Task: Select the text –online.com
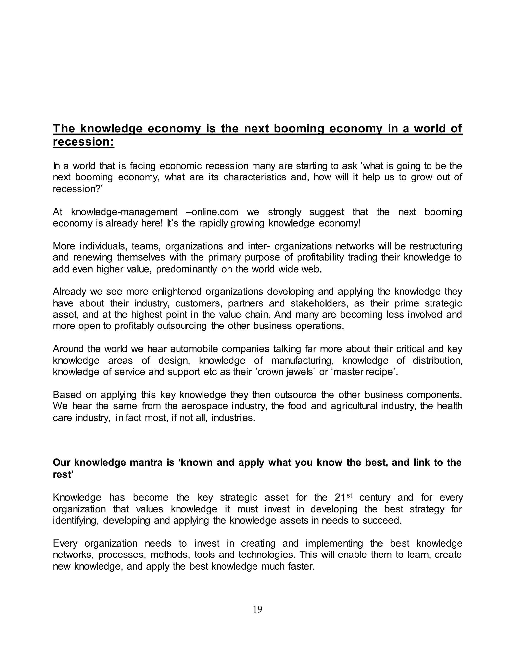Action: [x=212, y=212]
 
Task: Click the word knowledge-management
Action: [x=124, y=212]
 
